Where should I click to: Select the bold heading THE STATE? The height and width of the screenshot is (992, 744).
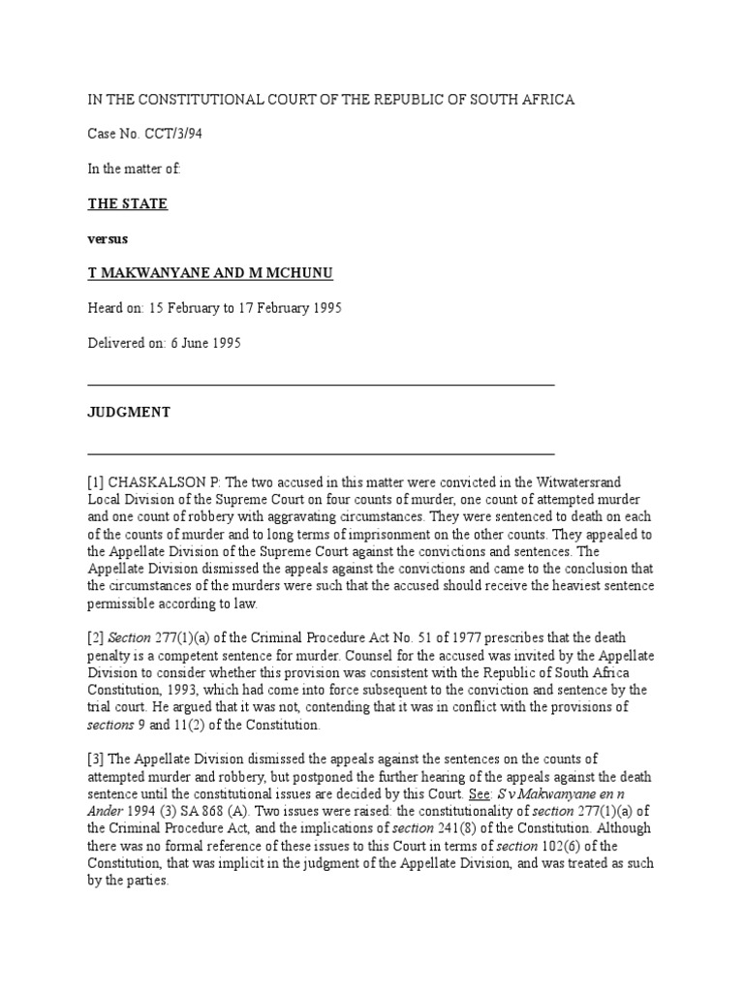[x=128, y=203]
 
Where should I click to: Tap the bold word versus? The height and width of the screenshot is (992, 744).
[x=108, y=238]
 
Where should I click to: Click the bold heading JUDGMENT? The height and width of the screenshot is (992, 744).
[x=129, y=412]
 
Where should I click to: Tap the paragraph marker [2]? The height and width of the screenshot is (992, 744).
[x=96, y=637]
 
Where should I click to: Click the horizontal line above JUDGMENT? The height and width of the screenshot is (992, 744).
[x=321, y=385]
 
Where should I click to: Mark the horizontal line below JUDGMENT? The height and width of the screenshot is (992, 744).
[x=321, y=453]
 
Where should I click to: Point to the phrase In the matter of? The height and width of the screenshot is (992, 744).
[x=134, y=169]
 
